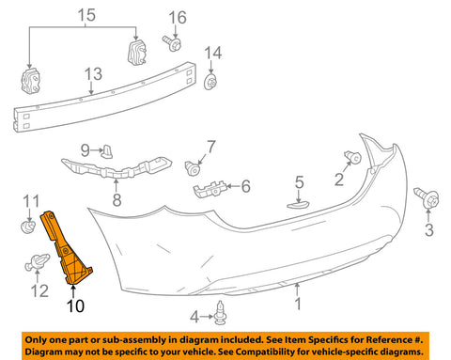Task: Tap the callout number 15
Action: [x=86, y=15]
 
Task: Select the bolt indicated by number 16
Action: [x=172, y=43]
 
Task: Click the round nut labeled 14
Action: [x=210, y=83]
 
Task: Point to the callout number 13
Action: [x=94, y=74]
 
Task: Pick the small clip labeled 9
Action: [x=107, y=151]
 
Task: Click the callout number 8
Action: [x=117, y=200]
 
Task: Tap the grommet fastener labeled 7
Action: [x=193, y=168]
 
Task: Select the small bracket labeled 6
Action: [x=210, y=189]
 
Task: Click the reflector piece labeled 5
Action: [x=298, y=205]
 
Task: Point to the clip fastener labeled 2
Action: [x=352, y=157]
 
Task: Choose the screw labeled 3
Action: [x=427, y=197]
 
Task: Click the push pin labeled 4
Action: [x=220, y=313]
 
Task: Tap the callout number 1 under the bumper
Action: [x=298, y=304]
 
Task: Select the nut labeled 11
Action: [x=28, y=227]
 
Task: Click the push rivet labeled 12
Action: [x=38, y=262]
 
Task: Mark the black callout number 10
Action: [x=75, y=305]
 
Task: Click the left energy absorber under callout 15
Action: [x=30, y=81]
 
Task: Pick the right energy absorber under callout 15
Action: [x=137, y=52]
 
